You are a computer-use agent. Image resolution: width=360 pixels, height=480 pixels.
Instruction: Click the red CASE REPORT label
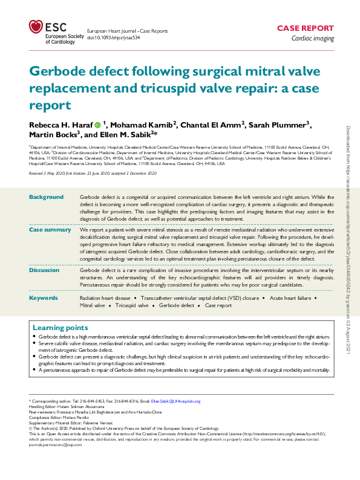(x=305, y=28)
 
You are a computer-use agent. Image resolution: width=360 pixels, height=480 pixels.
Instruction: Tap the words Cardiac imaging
(x=312, y=38)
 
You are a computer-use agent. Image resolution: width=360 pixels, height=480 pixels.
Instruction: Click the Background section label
(x=46, y=197)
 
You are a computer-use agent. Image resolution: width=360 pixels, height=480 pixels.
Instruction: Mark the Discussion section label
(x=46, y=270)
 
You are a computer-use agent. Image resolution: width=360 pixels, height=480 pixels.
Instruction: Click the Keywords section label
(x=44, y=297)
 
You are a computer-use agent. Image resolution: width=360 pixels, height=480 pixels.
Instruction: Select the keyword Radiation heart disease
(x=105, y=298)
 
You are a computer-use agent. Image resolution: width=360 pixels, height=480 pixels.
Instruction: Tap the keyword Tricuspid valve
(x=131, y=305)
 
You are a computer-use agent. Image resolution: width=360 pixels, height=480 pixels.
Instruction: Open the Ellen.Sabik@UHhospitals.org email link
(x=175, y=401)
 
